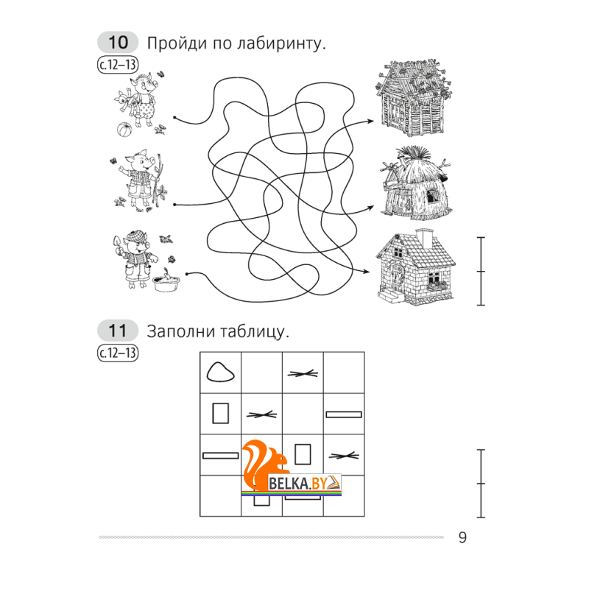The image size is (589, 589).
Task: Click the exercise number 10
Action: (119, 43)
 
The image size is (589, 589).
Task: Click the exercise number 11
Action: (118, 331)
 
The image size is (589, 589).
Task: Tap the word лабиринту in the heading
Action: (281, 43)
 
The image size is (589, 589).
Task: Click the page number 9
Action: (462, 537)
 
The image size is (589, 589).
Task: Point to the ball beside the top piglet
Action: (124, 130)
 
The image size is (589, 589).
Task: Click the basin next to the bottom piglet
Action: (166, 283)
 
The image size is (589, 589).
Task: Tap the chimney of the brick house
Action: (425, 238)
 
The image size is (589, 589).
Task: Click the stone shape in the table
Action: (220, 373)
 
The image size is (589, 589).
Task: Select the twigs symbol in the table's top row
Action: (303, 373)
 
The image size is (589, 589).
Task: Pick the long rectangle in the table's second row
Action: (344, 415)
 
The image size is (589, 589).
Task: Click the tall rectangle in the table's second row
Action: (220, 413)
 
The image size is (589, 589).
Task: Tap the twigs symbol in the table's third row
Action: (344, 456)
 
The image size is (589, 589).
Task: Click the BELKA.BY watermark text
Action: (297, 483)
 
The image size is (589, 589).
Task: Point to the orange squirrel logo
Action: (263, 464)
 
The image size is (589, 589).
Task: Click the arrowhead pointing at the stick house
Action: (370, 121)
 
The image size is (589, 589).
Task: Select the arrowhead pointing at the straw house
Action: (370, 207)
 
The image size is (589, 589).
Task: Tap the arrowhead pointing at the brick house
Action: (366, 271)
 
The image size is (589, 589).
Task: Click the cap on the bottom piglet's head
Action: (136, 236)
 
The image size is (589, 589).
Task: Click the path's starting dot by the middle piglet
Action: (174, 205)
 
